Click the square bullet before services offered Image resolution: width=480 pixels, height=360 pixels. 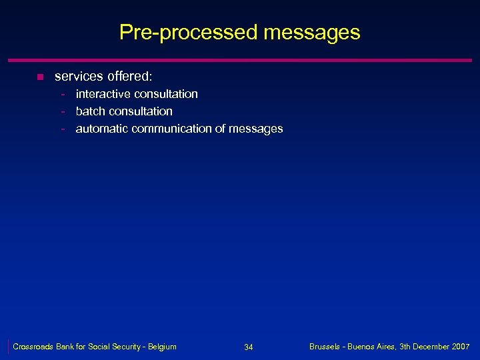39,78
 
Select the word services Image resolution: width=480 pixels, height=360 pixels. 77,77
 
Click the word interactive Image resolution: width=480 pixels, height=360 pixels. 103,94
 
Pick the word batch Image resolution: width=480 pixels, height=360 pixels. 90,111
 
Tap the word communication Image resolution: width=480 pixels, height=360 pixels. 170,129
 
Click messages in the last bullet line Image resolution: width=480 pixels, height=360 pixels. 256,129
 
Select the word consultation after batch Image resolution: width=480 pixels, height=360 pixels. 140,111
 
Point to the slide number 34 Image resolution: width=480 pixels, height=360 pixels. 249,347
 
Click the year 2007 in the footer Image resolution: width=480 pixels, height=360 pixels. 459,347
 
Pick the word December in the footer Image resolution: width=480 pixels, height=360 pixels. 427,347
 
